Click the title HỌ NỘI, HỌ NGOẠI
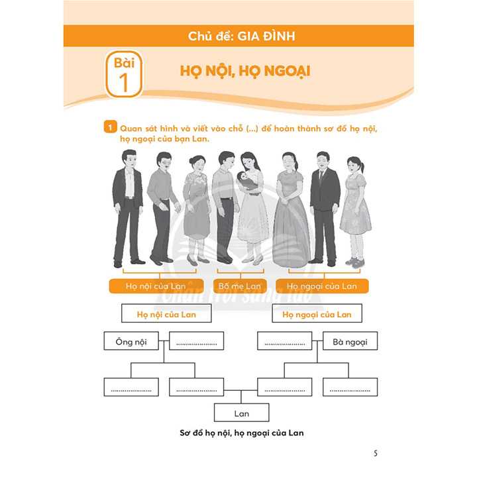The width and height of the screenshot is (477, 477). (245, 71)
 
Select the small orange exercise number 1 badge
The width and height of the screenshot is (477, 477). (109, 127)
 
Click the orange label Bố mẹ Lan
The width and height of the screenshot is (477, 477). (240, 286)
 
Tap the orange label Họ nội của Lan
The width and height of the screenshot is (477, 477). (156, 286)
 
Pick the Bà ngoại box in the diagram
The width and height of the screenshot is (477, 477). (350, 342)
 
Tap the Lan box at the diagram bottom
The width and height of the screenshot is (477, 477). (242, 413)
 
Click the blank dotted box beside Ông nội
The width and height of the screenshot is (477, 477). (197, 342)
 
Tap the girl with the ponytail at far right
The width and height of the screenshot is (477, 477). (355, 205)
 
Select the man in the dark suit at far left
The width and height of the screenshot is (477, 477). (127, 205)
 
